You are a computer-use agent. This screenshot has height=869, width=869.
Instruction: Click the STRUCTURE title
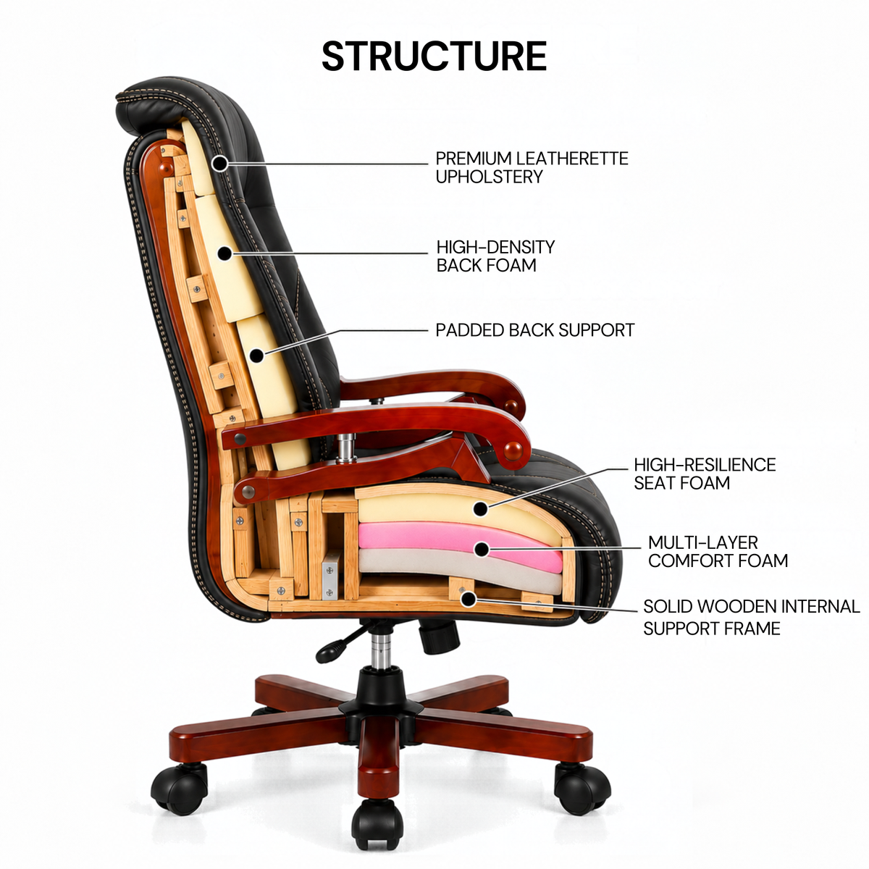pos(434,56)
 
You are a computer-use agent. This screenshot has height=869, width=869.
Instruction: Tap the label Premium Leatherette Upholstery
pos(532,167)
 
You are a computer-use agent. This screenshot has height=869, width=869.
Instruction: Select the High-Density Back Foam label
pos(495,256)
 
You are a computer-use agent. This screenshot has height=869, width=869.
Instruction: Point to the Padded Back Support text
pos(535,330)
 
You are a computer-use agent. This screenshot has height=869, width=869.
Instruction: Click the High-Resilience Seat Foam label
pos(705,474)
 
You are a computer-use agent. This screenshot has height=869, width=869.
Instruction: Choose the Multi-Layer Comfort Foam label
pos(718,551)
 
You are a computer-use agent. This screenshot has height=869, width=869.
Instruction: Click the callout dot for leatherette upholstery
pos(220,163)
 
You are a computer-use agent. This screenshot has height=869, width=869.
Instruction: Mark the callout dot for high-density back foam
pos(224,253)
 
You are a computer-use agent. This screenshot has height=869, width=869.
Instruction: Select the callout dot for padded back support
pos(256,356)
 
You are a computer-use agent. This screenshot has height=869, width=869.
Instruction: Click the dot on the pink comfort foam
pos(482,549)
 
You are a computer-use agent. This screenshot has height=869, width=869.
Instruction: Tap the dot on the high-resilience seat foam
pos(481,509)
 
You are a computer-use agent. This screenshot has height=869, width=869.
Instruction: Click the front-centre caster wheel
pos(378,825)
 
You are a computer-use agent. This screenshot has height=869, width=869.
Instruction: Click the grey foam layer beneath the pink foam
pos(460,570)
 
